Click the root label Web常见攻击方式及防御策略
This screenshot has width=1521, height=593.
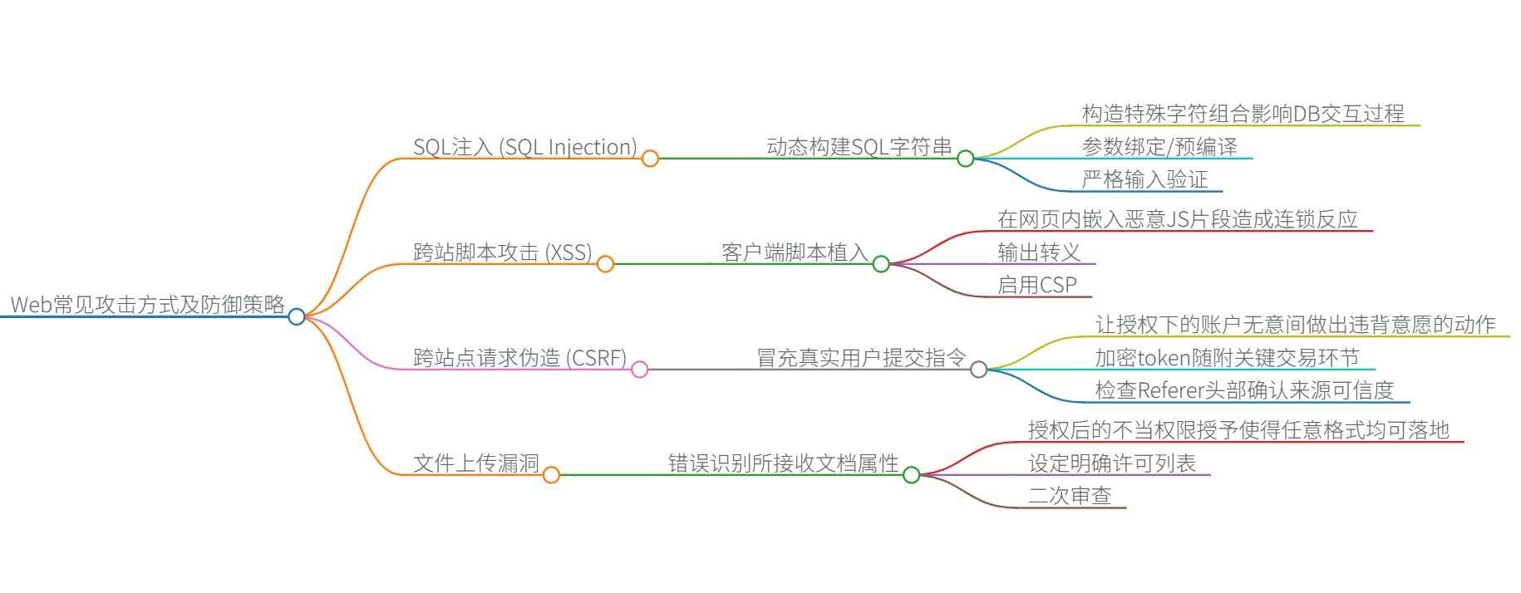click(x=147, y=305)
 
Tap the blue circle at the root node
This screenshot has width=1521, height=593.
click(x=297, y=316)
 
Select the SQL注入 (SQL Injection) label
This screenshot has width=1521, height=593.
click(x=524, y=147)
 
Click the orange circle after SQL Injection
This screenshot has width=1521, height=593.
click(x=650, y=159)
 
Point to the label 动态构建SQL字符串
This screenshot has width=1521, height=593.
click(x=859, y=147)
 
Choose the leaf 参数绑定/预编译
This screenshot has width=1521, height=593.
click(x=1159, y=147)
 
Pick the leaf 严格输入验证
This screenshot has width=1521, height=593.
click(x=1144, y=179)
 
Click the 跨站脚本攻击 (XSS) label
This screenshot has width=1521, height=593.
click(x=502, y=252)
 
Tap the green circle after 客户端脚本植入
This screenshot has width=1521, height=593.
click(x=881, y=264)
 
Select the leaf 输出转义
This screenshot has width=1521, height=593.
click(x=1039, y=252)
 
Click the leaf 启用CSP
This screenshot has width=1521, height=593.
click(x=1036, y=285)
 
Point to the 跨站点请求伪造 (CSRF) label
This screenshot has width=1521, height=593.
click(x=519, y=358)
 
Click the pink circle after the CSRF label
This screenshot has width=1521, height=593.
click(x=639, y=370)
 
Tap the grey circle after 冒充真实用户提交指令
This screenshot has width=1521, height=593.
click(x=979, y=370)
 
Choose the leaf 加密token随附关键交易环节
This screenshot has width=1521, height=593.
click(x=1227, y=358)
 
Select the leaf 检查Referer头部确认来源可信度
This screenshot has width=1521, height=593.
click(x=1244, y=390)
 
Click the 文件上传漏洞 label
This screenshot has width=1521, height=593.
click(x=476, y=463)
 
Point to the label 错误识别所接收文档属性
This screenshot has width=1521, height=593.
click(x=783, y=463)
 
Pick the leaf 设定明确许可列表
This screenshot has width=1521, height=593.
click(x=1112, y=463)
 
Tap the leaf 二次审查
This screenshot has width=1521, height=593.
click(x=1070, y=496)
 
